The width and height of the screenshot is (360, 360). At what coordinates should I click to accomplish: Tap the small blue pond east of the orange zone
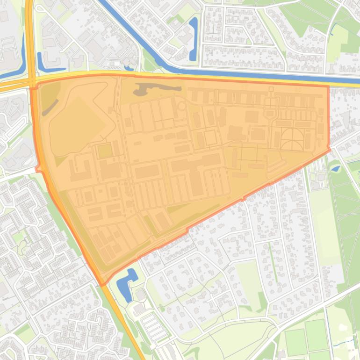[x=335, y=169]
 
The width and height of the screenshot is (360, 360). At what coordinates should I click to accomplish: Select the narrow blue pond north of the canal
[x=193, y=40]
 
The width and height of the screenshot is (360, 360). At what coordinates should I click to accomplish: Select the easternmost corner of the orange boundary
[x=330, y=150]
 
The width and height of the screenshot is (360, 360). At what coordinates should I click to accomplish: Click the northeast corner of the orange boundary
[x=328, y=86]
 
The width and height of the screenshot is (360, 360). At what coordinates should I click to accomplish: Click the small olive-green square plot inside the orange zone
[x=105, y=151]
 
